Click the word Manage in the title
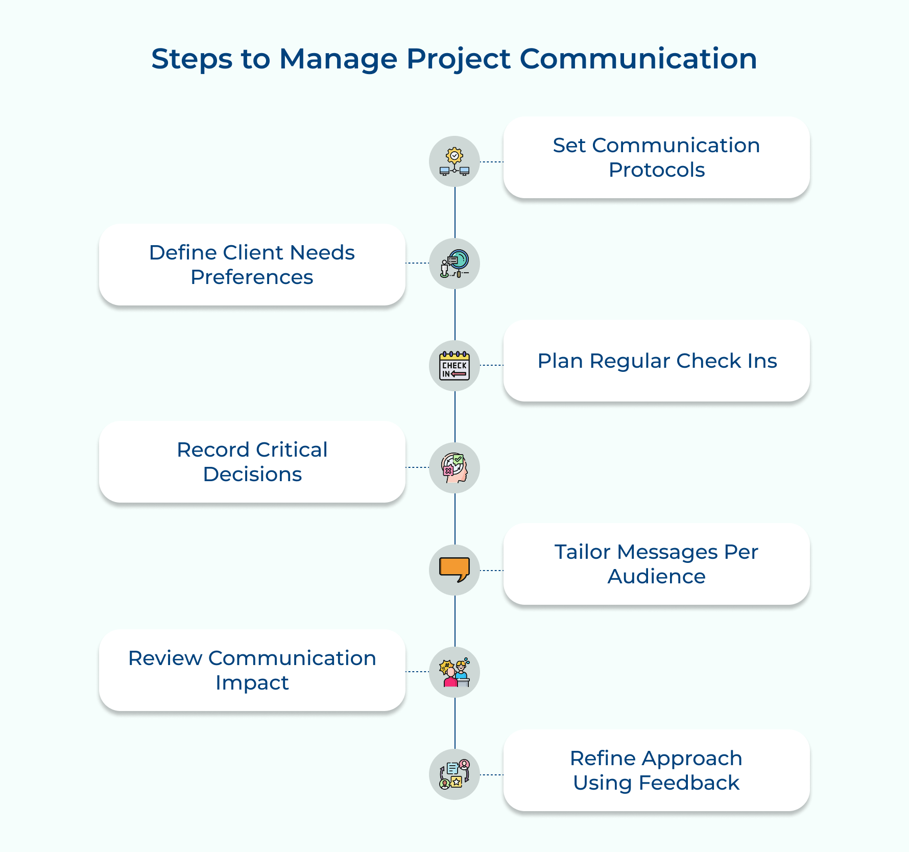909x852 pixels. pyautogui.click(x=338, y=59)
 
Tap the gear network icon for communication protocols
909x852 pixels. pyautogui.click(x=454, y=161)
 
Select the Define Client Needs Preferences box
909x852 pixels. pyautogui.click(x=252, y=265)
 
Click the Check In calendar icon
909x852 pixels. pyautogui.click(x=454, y=366)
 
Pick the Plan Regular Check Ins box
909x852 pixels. pyautogui.click(x=657, y=361)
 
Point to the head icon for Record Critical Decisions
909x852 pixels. pyautogui.click(x=454, y=468)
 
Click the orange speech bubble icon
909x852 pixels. pyautogui.click(x=454, y=570)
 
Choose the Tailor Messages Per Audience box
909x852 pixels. pyautogui.click(x=657, y=564)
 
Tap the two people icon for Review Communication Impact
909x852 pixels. pyautogui.click(x=454, y=672)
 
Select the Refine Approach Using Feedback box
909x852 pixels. pyautogui.click(x=657, y=770)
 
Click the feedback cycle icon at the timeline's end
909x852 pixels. pyautogui.click(x=454, y=774)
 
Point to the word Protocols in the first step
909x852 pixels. pyautogui.click(x=657, y=170)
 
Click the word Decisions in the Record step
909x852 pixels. pyautogui.click(x=252, y=475)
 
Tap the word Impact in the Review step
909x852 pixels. pyautogui.click(x=252, y=683)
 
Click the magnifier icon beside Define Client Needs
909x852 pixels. pyautogui.click(x=454, y=264)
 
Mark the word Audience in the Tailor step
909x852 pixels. pyautogui.click(x=657, y=577)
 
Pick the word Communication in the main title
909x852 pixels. pyautogui.click(x=638, y=59)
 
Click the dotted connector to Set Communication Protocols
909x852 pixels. pyautogui.click(x=492, y=162)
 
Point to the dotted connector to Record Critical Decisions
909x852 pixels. pyautogui.click(x=417, y=467)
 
